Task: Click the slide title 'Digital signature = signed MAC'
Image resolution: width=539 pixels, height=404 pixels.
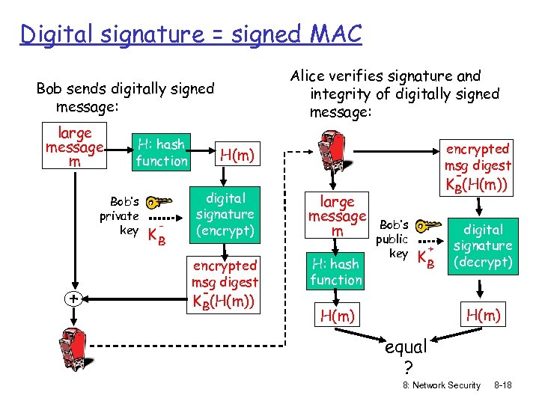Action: [191, 34]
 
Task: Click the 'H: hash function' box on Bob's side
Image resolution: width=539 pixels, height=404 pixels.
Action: [162, 152]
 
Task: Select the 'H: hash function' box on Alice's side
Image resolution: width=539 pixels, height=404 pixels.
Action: [336, 271]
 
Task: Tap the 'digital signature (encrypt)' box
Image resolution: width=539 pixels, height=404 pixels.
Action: [225, 215]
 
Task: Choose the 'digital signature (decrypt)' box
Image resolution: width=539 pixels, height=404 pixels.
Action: [483, 245]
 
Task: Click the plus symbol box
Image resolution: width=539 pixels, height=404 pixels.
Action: [73, 298]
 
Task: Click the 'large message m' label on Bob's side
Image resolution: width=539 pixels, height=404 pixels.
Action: [74, 147]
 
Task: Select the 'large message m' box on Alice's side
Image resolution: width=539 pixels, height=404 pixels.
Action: [337, 215]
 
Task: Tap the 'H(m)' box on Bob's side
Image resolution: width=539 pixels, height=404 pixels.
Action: [237, 155]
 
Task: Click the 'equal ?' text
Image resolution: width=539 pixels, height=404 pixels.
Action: [406, 355]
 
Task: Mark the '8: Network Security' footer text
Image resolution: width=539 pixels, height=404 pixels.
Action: [441, 385]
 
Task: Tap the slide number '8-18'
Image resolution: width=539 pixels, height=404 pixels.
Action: [502, 385]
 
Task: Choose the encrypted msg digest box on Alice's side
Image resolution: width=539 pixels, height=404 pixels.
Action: [478, 166]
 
